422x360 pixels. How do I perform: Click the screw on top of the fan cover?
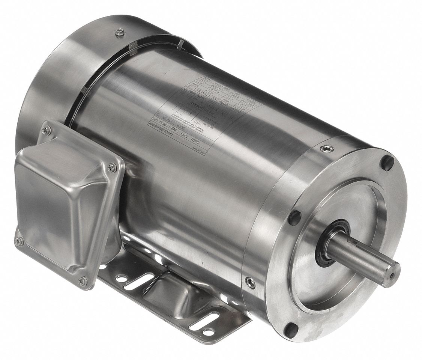click(x=120, y=33)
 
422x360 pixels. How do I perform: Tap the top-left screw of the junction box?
click(x=47, y=131)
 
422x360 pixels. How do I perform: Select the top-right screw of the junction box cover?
click(x=111, y=168)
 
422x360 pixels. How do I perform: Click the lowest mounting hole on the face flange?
click(x=291, y=330)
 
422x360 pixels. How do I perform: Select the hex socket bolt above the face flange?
click(x=327, y=149)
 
